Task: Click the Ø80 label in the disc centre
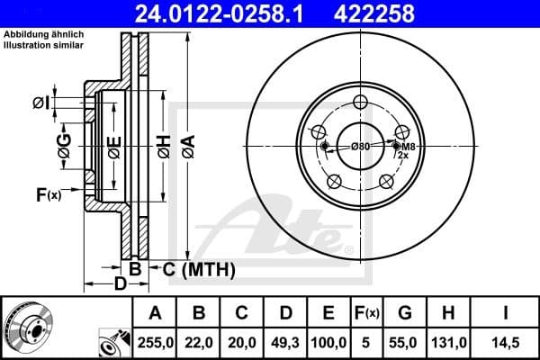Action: point(360,146)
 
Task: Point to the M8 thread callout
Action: point(408,146)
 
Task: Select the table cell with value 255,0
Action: point(155,342)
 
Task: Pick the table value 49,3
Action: point(286,342)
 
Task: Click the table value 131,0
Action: point(448,342)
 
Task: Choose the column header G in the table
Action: point(404,314)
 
